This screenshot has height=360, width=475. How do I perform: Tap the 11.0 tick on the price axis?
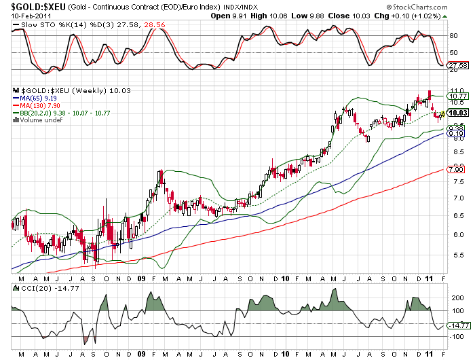click(x=456, y=90)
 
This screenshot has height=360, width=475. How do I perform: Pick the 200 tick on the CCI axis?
click(x=456, y=298)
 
